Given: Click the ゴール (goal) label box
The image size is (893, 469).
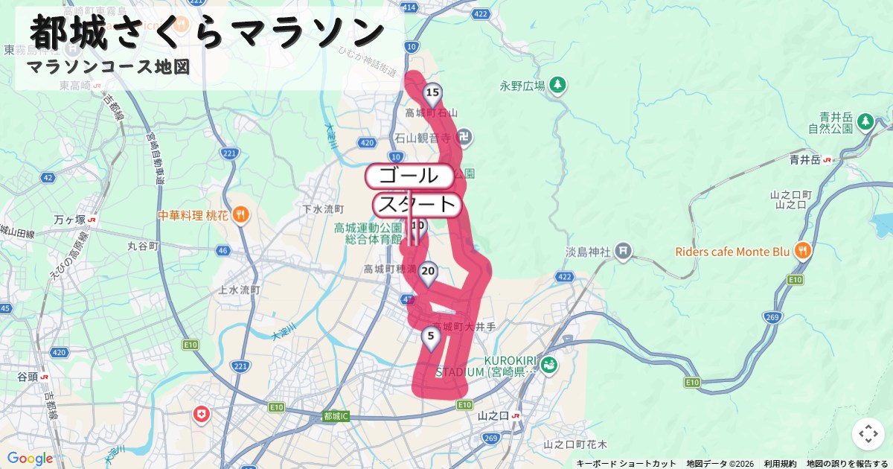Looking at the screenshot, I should coord(409,176).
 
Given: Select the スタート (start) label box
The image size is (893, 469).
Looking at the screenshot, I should coord(417,204).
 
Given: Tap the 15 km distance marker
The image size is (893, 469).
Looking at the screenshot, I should coord(432,93).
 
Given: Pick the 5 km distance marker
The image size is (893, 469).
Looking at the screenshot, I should coord(430,336).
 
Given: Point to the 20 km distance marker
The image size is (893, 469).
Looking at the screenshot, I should coord(427,272).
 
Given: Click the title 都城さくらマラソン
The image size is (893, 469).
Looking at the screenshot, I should coord(208,33).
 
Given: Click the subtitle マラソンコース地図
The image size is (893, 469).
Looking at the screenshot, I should coord(108,67).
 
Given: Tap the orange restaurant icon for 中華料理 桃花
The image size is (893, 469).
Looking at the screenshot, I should coord(240,215).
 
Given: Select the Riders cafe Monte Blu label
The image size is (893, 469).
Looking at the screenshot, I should coord(732,252).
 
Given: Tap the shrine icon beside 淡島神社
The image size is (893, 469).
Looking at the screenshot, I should coord(624,252).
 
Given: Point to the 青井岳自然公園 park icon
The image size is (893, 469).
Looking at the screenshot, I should coord(865,121).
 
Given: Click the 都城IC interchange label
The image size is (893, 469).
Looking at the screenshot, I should coord(336,416).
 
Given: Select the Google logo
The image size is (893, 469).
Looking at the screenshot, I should coord(30,459).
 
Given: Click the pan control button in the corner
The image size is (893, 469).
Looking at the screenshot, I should coord(868,434).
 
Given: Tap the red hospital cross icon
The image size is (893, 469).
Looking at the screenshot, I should coord(201,414).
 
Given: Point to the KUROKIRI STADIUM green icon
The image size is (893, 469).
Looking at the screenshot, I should coord(548,365).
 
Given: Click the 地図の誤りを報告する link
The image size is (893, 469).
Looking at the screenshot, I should coord(847,463).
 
